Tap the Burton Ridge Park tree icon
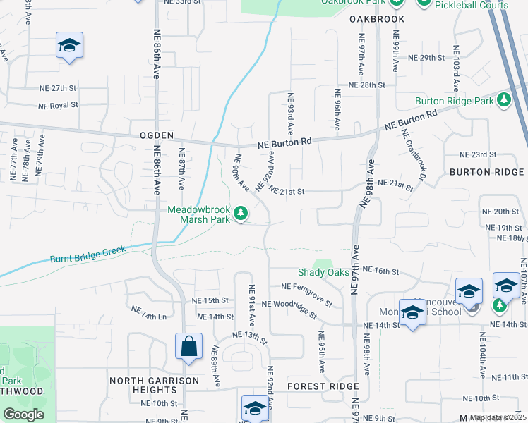[504, 101]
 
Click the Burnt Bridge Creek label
[88, 255]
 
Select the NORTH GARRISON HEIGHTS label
[155, 386]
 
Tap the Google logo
[23, 415]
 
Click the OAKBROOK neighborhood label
[378, 19]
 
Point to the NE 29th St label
[431, 57]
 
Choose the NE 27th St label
[58, 88]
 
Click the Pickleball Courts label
[472, 5]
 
